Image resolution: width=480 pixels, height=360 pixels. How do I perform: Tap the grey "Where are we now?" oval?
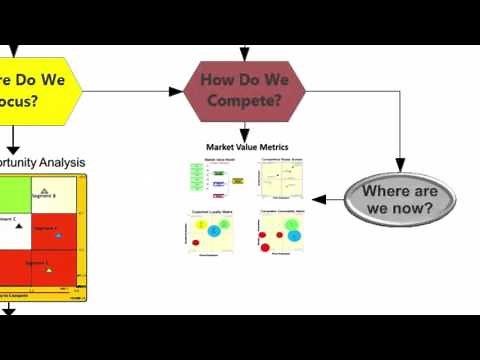click(398, 199)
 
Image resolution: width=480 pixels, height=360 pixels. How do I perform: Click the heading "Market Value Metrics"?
click(246, 147)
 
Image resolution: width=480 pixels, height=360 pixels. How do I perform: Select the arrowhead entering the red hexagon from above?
click(244, 54)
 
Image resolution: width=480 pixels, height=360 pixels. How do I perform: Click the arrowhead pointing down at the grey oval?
click(401, 166)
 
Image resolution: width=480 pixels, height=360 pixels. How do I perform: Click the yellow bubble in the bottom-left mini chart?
click(199, 228)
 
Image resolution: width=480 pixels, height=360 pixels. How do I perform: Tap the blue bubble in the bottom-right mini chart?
click(293, 236)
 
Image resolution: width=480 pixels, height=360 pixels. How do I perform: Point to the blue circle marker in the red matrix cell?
click(58, 236)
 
